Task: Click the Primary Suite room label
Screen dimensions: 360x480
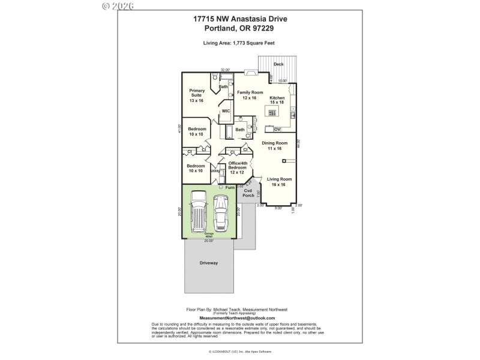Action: [x=197, y=95]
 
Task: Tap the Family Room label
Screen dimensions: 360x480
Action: [x=250, y=95]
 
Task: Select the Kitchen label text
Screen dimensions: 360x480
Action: [x=277, y=100]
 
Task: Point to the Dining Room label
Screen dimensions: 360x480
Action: [x=274, y=145]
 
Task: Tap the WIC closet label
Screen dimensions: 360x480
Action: [x=226, y=111]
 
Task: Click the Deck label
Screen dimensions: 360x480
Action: [x=278, y=64]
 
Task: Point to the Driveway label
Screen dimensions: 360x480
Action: [x=209, y=263]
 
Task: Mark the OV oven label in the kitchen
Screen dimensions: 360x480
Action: [x=277, y=129]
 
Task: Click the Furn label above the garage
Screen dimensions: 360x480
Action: [x=230, y=187]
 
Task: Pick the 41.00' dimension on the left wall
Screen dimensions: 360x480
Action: [x=179, y=128]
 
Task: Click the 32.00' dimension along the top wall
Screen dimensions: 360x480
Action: [x=225, y=70]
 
